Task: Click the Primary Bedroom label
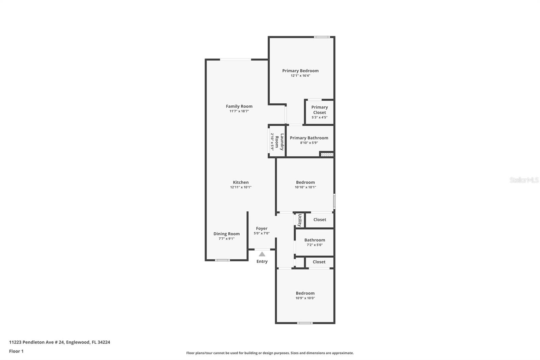pyautogui.click(x=300, y=71)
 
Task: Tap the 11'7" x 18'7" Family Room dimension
pyautogui.click(x=239, y=111)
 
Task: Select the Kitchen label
pyautogui.click(x=241, y=182)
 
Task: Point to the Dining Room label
pyautogui.click(x=226, y=234)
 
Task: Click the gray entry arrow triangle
pyautogui.click(x=262, y=254)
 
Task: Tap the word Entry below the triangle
pyautogui.click(x=262, y=261)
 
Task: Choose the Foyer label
pyautogui.click(x=262, y=229)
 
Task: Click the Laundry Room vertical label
pyautogui.click(x=279, y=142)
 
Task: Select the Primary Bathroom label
pyautogui.click(x=309, y=138)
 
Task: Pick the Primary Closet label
pyautogui.click(x=319, y=110)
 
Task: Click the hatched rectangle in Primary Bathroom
pyautogui.click(x=327, y=155)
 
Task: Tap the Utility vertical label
pyautogui.click(x=300, y=220)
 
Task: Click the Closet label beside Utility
pyautogui.click(x=320, y=220)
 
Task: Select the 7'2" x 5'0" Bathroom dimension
pyautogui.click(x=315, y=245)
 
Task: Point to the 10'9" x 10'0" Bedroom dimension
pyautogui.click(x=305, y=298)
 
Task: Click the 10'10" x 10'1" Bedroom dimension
pyautogui.click(x=305, y=187)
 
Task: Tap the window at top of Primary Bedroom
pyautogui.click(x=322, y=37)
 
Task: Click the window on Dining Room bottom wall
pyautogui.click(x=222, y=260)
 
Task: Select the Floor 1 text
pyautogui.click(x=16, y=351)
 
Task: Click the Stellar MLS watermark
pyautogui.click(x=524, y=180)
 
